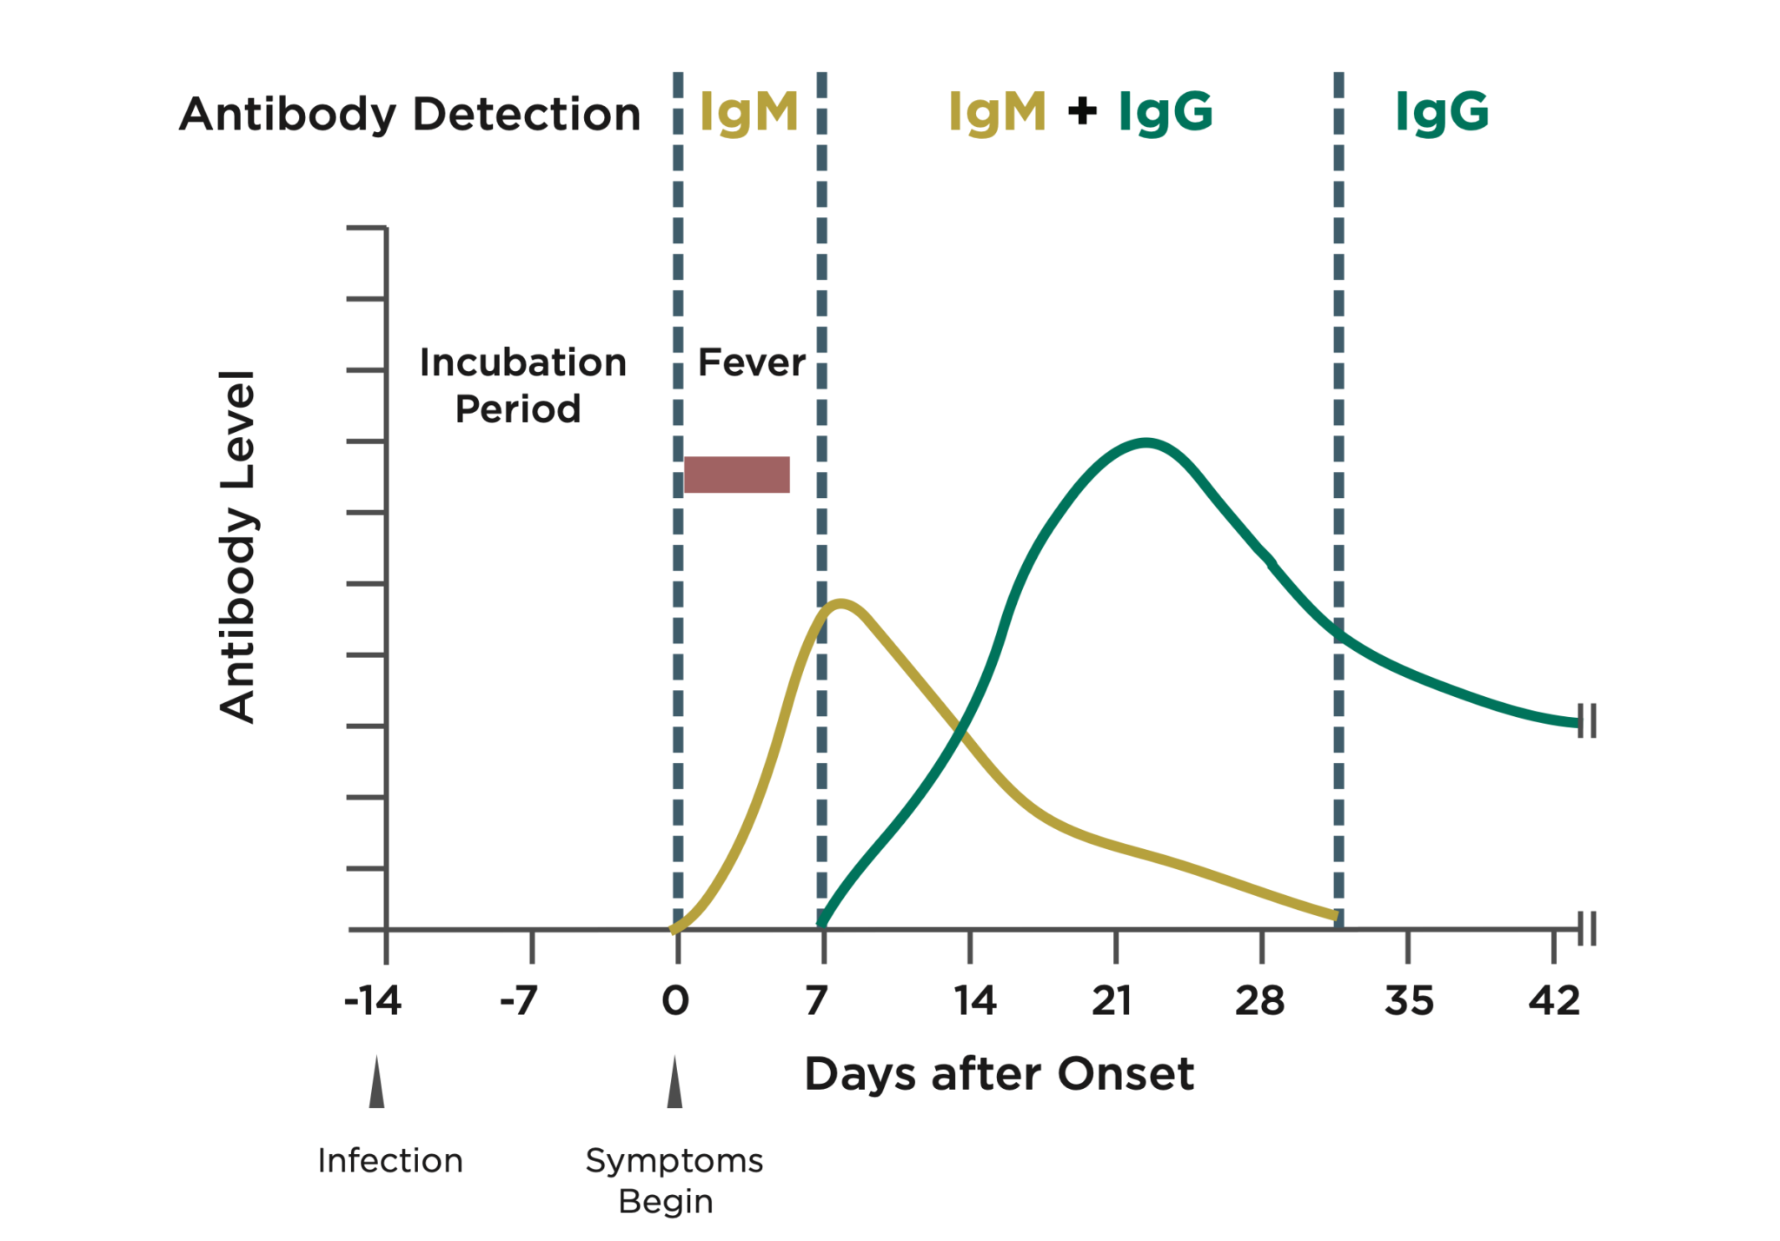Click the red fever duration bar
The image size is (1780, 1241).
pos(736,474)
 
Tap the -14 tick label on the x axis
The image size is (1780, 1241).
pos(373,1001)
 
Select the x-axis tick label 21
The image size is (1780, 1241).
pos(1112,1001)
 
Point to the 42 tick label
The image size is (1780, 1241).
pos(1554,1001)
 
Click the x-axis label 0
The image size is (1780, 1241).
pos(675,1001)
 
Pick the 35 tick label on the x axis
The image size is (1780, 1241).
pos(1409,1001)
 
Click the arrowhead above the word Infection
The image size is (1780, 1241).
pos(376,1085)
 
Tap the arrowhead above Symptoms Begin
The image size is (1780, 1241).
pos(674,1085)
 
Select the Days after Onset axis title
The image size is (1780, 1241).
pos(999,1074)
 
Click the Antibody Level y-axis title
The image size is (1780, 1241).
pos(237,547)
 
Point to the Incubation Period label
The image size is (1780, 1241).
pos(521,385)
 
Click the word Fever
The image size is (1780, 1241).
pos(752,362)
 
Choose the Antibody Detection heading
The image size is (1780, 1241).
pos(409,114)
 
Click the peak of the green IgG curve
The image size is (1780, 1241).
pos(1147,443)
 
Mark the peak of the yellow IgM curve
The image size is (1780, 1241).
pos(840,603)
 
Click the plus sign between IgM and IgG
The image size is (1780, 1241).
pos(1082,110)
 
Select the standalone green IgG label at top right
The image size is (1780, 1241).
pos(1442,112)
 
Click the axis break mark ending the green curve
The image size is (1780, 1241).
pos(1587,721)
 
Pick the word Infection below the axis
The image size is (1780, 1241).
pos(390,1161)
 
